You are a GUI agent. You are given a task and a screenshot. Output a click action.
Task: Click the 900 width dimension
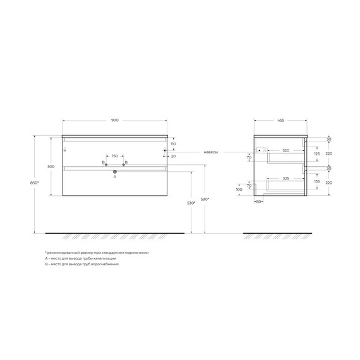[115, 120]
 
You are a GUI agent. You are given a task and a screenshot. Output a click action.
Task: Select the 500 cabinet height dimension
[51, 167]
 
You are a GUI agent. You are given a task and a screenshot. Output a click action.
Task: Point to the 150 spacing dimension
[115, 156]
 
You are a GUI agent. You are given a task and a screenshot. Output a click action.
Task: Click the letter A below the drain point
[115, 177]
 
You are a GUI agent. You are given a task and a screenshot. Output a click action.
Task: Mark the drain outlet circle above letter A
[115, 171]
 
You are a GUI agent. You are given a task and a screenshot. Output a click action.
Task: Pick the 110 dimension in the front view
[172, 144]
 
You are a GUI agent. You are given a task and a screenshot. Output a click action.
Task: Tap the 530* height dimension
[190, 203]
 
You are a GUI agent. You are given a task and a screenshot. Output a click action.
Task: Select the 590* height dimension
[205, 200]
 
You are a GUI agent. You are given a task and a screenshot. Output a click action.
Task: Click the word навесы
[211, 152]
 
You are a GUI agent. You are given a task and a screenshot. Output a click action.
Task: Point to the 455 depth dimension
[280, 120]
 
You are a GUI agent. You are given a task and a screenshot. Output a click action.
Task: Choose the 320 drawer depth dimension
[285, 151]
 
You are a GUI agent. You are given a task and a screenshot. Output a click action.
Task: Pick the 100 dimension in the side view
[239, 189]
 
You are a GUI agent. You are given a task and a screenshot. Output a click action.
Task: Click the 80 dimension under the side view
[259, 202]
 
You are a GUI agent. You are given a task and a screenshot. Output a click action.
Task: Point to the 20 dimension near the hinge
[173, 156]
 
